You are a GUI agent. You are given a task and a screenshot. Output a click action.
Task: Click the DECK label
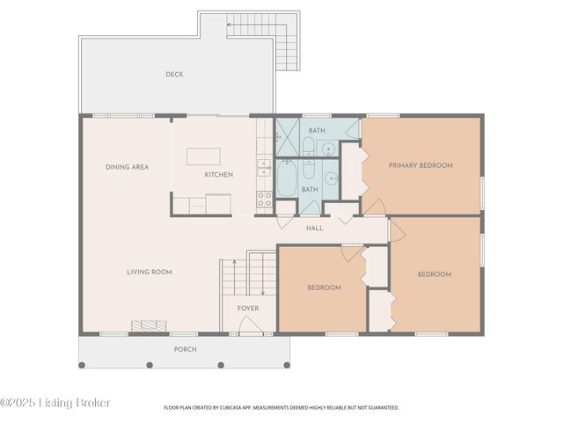tap(174, 74)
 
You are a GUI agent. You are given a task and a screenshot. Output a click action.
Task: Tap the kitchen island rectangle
tap(203, 156)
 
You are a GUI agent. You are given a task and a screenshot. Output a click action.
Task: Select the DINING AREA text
tap(127, 167)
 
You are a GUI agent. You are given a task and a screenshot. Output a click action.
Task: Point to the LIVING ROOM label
tap(150, 272)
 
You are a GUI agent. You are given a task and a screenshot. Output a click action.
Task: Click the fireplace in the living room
tap(149, 326)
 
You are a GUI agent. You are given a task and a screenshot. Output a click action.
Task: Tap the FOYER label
tap(248, 309)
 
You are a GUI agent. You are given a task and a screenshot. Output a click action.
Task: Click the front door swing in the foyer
tap(250, 324)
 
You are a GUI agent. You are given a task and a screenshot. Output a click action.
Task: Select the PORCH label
tap(186, 349)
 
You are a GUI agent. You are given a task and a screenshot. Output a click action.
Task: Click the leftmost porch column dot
tap(82, 366)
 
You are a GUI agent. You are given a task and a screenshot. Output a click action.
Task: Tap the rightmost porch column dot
tap(287, 366)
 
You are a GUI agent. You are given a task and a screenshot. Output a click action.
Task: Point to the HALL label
tap(315, 229)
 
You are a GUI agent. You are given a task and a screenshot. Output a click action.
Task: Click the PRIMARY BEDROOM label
tap(420, 165)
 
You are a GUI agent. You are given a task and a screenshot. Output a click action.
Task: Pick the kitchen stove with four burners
tap(265, 200)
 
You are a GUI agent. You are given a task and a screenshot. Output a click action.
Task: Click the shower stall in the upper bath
tap(288, 137)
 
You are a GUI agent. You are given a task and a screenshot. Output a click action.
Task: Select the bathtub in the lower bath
tap(287, 178)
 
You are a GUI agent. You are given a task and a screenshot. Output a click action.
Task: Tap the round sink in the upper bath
tap(328, 149)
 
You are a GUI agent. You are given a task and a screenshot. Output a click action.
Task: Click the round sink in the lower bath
tap(331, 178)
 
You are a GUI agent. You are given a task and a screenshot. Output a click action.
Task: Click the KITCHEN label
tap(219, 175)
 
